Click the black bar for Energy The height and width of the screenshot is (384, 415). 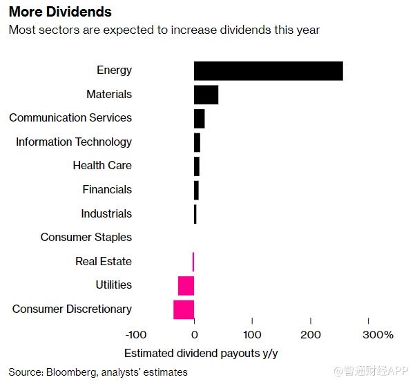coord(268,70)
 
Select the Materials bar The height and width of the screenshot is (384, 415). coord(206,95)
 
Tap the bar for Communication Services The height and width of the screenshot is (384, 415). coord(199,118)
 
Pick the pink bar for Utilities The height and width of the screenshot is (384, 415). coord(186,285)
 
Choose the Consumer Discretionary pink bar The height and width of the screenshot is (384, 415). coord(184,309)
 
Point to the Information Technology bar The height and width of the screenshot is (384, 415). coord(197,142)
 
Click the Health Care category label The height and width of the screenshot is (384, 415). coord(102,166)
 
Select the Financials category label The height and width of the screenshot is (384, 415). coord(107,190)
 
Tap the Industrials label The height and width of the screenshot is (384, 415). coord(106,213)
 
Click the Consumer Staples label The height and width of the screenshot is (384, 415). coord(86,238)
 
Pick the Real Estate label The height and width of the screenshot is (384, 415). coord(104,261)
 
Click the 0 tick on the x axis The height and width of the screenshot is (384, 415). coord(194,335)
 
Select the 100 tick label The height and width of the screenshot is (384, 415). coord(252,335)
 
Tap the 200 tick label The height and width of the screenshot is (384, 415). coord(311,335)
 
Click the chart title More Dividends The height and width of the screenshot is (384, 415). coord(60,13)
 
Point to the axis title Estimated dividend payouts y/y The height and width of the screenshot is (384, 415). coord(201,353)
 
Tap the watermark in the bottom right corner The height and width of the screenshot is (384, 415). coord(372,372)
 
